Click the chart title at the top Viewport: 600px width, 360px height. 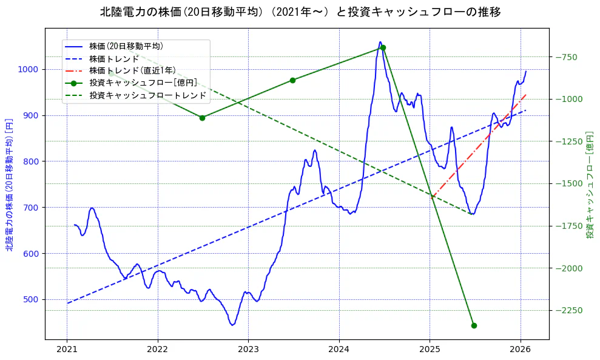300,12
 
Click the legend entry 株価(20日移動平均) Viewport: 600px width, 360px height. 126,46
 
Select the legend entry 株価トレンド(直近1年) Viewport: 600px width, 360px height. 132,70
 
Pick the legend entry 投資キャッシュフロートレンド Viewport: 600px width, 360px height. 148,95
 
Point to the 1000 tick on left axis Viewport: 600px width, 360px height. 28,69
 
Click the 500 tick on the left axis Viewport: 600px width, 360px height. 30,299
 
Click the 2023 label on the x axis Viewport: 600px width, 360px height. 248,350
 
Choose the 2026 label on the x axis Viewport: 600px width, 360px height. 521,350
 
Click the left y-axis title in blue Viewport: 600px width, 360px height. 9,184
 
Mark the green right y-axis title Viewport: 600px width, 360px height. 590,184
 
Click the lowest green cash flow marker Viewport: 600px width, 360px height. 474,325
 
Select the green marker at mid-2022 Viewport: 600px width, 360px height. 202,118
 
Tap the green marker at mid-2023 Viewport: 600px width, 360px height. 292,80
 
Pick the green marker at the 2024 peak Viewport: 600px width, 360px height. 383,47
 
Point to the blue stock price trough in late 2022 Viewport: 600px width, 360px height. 232,325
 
